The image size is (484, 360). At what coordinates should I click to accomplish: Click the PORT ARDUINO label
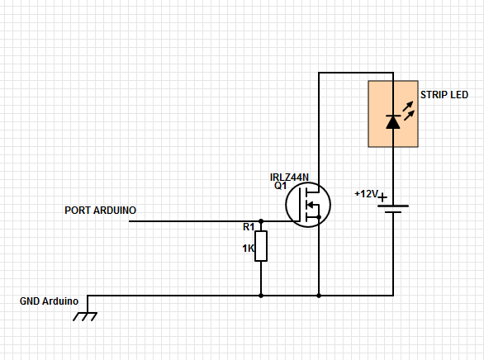(100, 211)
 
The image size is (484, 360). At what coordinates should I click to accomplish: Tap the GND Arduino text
(49, 301)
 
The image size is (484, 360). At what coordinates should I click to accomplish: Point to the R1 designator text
(249, 226)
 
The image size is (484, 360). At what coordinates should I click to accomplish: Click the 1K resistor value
(248, 248)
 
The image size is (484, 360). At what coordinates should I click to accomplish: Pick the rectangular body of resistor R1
(261, 246)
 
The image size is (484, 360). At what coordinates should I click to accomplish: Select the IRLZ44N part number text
(289, 177)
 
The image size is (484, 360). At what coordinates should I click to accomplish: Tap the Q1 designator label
(280, 186)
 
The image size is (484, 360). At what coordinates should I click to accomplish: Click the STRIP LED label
(444, 95)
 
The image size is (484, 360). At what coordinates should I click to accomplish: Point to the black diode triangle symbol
(393, 122)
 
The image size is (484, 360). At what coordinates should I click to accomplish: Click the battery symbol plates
(393, 207)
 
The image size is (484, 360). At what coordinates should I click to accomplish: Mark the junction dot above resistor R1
(261, 221)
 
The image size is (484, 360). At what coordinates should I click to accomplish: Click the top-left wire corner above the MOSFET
(319, 73)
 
